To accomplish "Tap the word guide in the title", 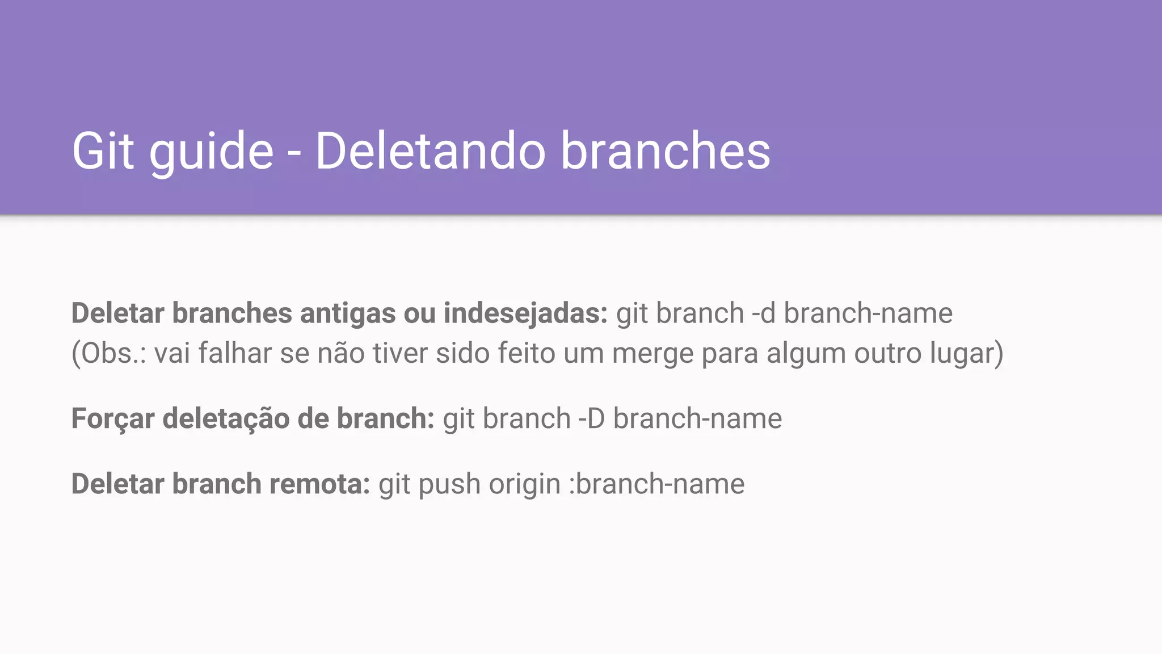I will [x=211, y=152].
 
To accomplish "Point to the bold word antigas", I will [x=347, y=313].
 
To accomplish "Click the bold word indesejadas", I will [x=525, y=313].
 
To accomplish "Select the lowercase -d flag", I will [x=763, y=313].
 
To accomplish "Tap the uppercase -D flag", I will [x=591, y=419].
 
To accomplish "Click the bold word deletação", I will [x=226, y=419].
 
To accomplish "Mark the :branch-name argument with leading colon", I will [x=656, y=484].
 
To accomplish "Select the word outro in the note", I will [x=887, y=354].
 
